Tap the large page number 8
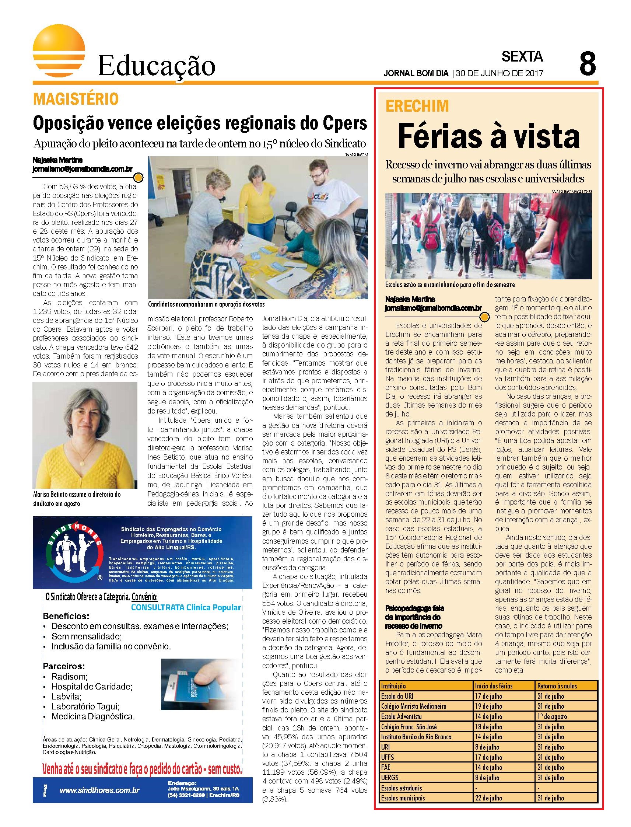tap(588, 64)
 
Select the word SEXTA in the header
tap(522, 56)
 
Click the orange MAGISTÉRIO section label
tap(76, 100)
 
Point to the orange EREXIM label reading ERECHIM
tap(417, 107)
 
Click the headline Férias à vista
tap(488, 137)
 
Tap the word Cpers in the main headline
tap(344, 122)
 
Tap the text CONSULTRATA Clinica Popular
tap(186, 608)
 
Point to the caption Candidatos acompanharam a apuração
tap(206, 304)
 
